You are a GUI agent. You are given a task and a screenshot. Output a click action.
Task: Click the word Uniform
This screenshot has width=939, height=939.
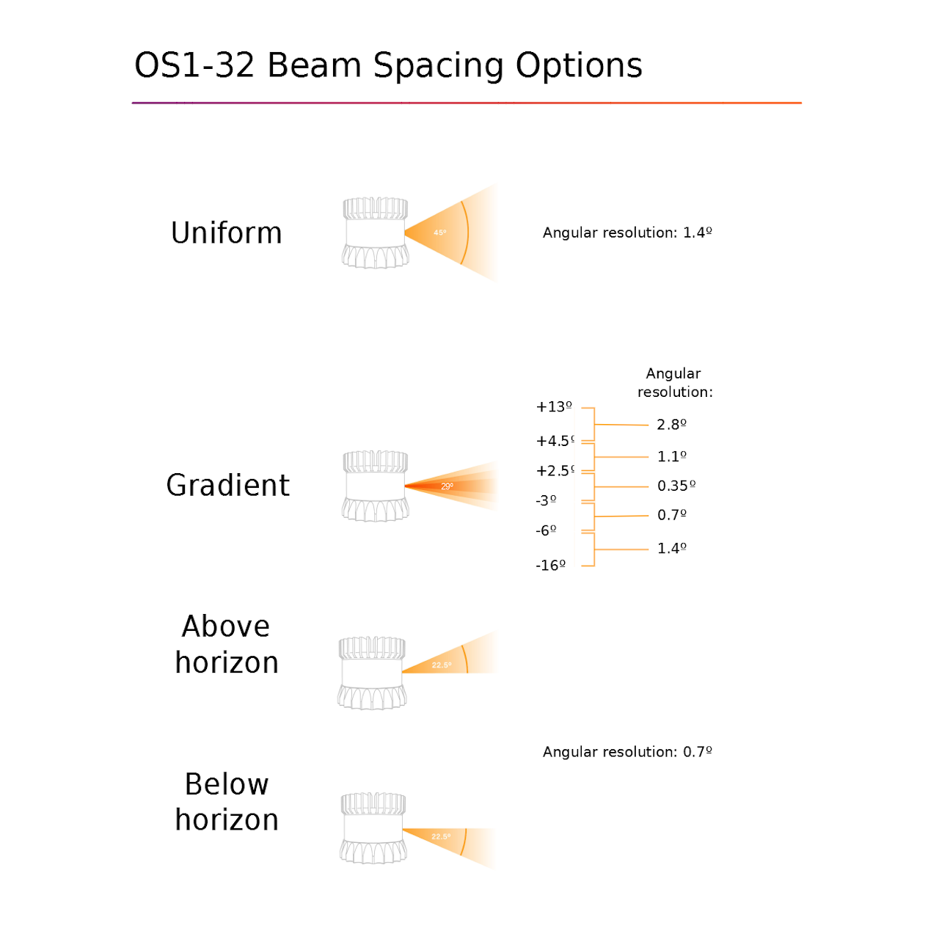tap(226, 233)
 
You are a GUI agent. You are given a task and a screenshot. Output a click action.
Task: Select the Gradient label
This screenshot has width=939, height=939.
tap(227, 486)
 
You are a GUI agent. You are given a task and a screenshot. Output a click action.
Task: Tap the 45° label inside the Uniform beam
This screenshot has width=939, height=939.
tap(439, 233)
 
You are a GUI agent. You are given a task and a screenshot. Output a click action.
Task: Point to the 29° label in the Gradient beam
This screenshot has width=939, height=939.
tap(447, 486)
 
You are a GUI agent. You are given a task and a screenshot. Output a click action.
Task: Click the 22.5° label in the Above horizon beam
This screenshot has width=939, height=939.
tap(442, 665)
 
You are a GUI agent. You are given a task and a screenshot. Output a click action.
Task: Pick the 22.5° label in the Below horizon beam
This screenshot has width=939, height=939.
tap(441, 836)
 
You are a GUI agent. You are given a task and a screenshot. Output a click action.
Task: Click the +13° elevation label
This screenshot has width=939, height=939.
tap(554, 406)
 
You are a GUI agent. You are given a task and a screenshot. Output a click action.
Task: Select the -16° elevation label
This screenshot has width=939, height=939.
tap(551, 566)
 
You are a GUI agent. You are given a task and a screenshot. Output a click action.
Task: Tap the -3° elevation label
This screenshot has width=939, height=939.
tap(546, 500)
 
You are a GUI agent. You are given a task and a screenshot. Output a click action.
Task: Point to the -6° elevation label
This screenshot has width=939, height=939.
tap(546, 530)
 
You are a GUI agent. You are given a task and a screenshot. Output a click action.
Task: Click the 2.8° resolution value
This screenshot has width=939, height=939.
tap(671, 425)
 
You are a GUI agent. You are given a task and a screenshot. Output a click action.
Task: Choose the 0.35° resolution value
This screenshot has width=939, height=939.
tap(676, 486)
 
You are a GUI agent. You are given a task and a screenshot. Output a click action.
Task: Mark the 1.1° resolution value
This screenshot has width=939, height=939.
tap(671, 456)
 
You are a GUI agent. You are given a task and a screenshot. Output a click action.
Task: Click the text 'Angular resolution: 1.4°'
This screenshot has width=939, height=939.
tap(627, 233)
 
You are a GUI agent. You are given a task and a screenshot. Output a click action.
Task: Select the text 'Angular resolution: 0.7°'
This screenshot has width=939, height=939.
tap(627, 752)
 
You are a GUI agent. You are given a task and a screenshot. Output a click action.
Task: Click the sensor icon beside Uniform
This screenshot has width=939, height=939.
tap(375, 233)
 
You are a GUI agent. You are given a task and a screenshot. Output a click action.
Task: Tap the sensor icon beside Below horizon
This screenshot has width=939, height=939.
tap(373, 828)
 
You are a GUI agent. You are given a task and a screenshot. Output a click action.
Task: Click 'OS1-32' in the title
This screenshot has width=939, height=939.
tap(194, 65)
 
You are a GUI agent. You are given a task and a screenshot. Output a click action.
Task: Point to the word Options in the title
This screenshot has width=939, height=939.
tap(579, 67)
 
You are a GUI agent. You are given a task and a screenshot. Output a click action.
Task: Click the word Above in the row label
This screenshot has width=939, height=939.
tap(226, 626)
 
